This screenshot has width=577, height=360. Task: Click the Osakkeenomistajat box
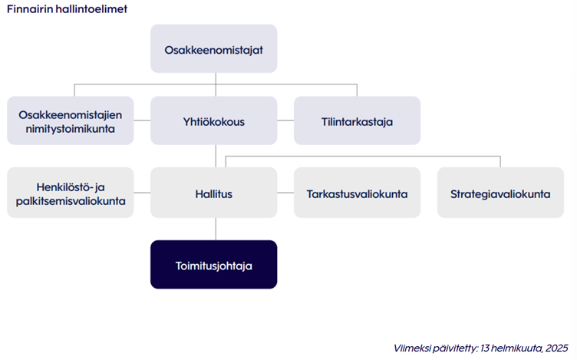pos(214,48)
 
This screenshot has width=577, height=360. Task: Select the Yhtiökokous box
pos(214,121)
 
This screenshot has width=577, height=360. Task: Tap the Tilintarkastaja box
pos(357,121)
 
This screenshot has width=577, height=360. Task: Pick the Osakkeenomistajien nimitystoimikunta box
pos(71,121)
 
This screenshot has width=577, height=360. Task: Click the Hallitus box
pos(214,193)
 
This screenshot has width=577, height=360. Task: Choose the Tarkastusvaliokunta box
pos(357,193)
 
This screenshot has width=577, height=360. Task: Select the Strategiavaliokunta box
pos(500,193)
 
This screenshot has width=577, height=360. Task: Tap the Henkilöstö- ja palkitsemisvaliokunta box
pos(71,193)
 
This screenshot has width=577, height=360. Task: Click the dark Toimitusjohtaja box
pos(214,264)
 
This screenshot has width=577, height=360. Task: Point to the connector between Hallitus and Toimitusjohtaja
pos(216,229)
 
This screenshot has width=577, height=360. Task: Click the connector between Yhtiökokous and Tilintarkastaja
pos(285,120)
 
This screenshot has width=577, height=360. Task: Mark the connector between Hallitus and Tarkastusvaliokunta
pos(285,193)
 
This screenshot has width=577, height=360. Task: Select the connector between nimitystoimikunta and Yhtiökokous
pos(142,120)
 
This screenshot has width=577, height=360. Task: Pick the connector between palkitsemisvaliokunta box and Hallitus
pos(142,193)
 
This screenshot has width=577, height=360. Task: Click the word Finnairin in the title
pos(30,9)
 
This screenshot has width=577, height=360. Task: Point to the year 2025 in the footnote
pos(557,348)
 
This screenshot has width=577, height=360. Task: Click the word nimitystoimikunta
pos(71,129)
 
